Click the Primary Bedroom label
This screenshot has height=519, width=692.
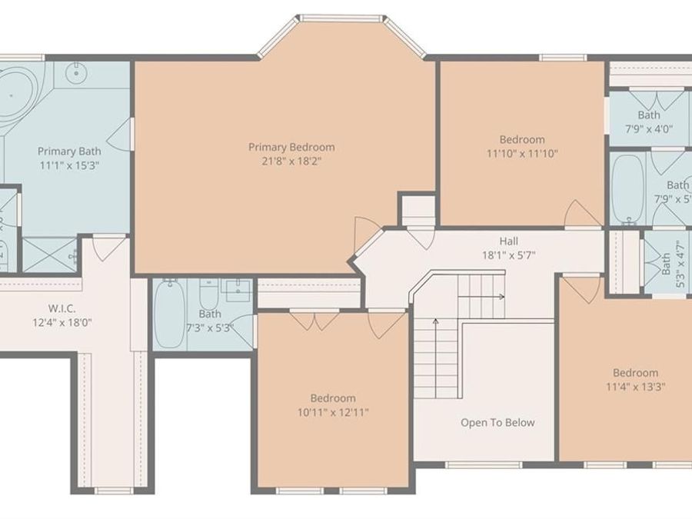click(291, 147)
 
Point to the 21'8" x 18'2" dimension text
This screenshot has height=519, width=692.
click(291, 161)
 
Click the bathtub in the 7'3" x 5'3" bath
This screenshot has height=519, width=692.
click(169, 314)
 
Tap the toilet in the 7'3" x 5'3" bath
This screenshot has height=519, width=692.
click(208, 292)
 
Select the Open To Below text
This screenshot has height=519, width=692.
click(497, 422)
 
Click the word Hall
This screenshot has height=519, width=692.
click(508, 241)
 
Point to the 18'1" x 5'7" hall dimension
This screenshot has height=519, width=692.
click(508, 255)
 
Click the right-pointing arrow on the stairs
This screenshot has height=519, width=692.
click(500, 296)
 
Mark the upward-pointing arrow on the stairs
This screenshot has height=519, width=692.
click(437, 323)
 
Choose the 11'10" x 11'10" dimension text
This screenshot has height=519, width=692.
click(522, 154)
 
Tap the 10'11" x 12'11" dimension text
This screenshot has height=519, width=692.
click(333, 412)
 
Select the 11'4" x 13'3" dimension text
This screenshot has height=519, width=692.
click(635, 387)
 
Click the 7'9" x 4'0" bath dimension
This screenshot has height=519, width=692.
click(647, 129)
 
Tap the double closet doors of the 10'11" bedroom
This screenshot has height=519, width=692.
click(314, 319)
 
